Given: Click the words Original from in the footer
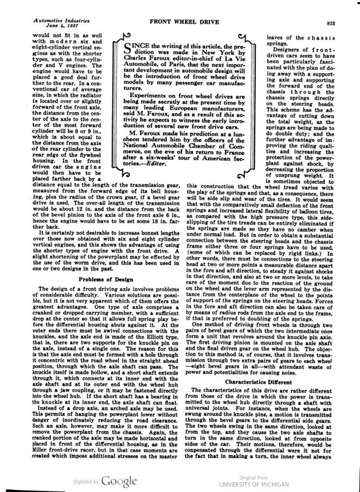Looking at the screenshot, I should pyautogui.click(x=255, y=477).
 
